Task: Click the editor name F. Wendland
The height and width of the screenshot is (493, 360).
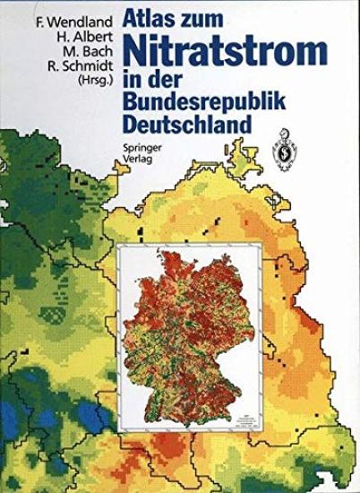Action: [x=59, y=14]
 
